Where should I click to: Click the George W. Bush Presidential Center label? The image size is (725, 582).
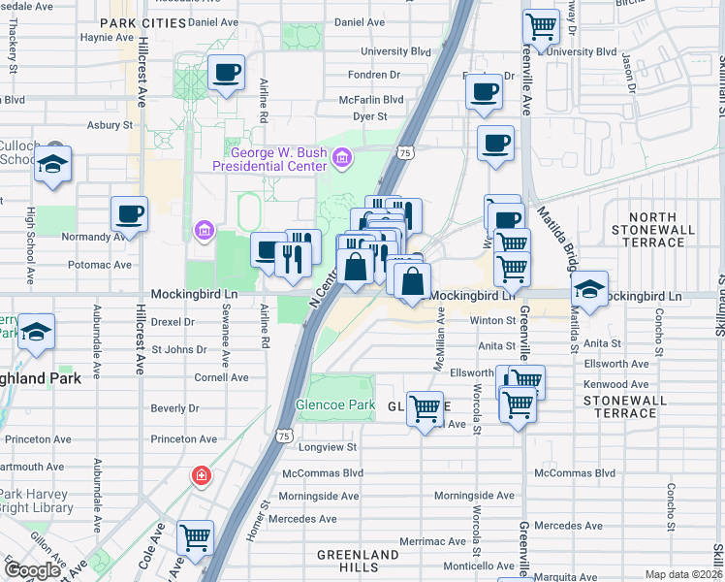275,158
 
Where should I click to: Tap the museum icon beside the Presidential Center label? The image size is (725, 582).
342,158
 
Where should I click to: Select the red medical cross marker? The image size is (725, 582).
201,475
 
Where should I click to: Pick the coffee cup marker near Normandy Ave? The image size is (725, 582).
128,213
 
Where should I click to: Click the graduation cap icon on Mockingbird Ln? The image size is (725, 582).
589,288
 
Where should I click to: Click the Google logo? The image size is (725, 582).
32,570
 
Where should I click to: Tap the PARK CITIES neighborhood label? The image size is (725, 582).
142,21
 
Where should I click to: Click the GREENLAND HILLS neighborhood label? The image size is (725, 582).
358,561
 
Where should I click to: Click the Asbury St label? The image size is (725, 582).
109,125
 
